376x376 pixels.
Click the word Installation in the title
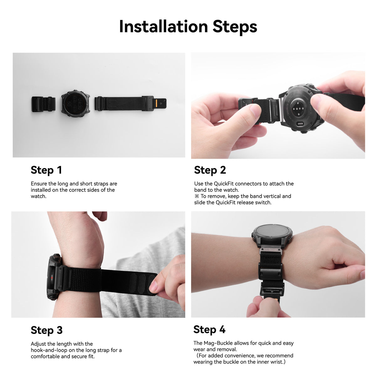(164, 27)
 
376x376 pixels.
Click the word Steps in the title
(235, 28)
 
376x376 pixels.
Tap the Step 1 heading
(46, 170)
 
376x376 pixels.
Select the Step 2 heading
(210, 170)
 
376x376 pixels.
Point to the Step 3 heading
(47, 330)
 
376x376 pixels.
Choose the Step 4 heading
(209, 329)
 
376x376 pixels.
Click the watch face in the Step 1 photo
(76, 103)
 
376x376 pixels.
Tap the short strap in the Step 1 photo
(44, 104)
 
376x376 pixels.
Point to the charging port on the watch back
(300, 123)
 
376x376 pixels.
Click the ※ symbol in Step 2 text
(197, 196)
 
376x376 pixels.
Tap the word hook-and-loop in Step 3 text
(49, 350)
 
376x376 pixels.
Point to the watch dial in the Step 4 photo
(272, 233)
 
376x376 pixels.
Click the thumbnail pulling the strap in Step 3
(153, 286)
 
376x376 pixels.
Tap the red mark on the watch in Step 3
(51, 278)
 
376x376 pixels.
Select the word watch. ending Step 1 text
(39, 196)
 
